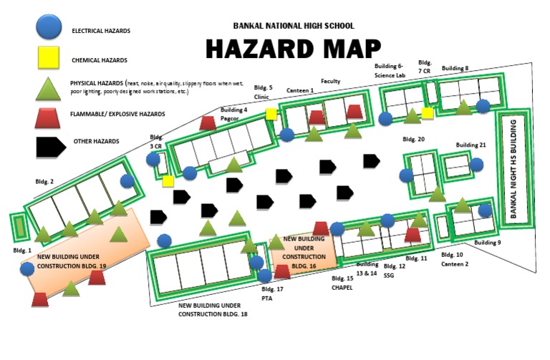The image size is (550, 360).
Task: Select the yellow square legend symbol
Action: (48, 59)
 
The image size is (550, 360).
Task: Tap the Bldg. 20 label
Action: (413, 139)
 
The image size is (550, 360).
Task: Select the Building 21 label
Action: (471, 145)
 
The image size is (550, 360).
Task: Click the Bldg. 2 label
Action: (43, 183)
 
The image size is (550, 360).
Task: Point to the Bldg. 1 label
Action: (23, 250)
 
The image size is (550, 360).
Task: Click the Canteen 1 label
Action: (300, 91)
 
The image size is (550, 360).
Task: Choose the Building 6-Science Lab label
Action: (390, 70)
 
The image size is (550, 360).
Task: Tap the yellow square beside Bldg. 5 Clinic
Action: (271, 114)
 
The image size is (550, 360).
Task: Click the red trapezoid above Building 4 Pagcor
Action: (208, 123)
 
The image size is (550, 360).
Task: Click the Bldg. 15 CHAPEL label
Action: (342, 283)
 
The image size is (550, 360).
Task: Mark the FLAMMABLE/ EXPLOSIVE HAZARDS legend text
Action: (117, 114)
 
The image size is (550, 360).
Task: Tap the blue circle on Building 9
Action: (485, 210)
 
